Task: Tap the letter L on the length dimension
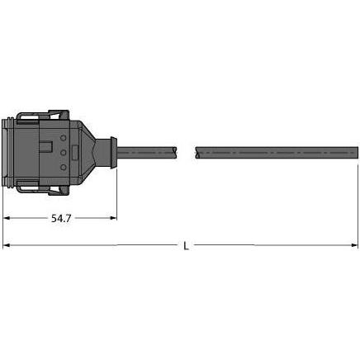[x=185, y=246]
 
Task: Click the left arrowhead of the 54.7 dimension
[x=8, y=218]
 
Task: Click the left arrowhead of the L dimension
[x=8, y=246]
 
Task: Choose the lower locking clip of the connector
[x=41, y=191]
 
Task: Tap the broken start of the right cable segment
[x=197, y=152]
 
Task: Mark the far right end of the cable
[x=355, y=152]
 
